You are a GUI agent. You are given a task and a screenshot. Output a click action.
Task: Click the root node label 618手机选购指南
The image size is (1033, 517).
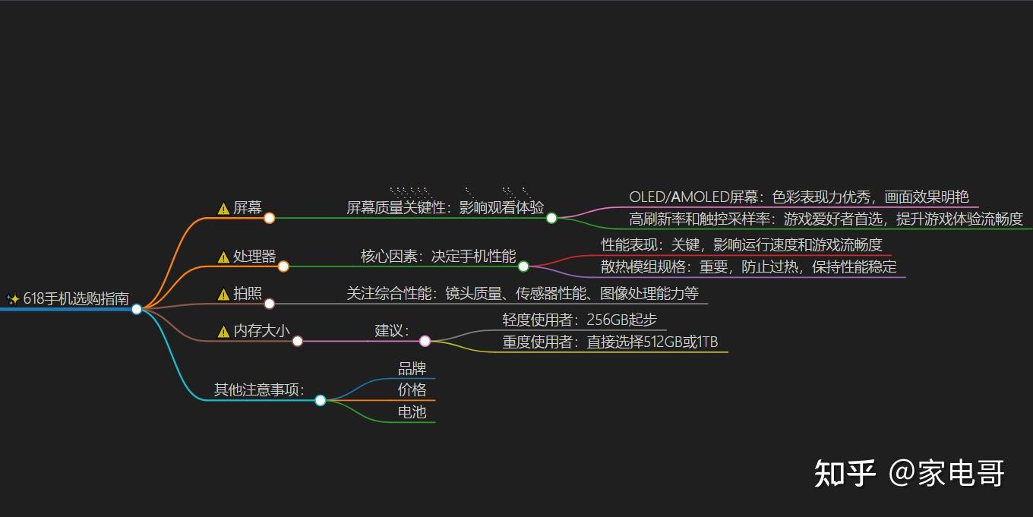tap(76, 299)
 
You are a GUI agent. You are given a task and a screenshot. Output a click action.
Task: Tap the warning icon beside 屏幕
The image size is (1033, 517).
tap(223, 209)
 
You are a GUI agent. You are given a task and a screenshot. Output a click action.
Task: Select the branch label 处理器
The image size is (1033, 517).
tap(254, 257)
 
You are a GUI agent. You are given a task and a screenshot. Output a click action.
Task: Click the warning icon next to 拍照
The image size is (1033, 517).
tap(223, 295)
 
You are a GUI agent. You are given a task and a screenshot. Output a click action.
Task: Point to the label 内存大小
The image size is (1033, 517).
tap(261, 331)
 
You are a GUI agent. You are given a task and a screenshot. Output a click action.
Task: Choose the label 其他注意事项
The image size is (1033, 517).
tap(258, 390)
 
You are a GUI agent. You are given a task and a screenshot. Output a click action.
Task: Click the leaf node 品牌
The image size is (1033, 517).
tap(412, 369)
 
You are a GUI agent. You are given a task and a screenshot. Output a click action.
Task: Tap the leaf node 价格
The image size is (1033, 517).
tap(412, 390)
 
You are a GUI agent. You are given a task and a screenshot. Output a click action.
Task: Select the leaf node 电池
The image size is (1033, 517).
tap(412, 412)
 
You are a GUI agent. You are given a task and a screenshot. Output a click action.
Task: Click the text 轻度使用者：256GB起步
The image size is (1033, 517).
tap(580, 320)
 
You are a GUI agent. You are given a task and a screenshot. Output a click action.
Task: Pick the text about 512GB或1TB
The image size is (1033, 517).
tap(610, 342)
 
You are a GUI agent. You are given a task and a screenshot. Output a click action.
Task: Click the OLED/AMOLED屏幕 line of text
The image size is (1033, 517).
tap(799, 197)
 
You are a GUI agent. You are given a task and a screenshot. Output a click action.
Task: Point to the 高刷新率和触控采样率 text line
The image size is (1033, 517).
tap(826, 219)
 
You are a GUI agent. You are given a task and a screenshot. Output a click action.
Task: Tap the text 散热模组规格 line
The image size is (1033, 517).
tap(749, 267)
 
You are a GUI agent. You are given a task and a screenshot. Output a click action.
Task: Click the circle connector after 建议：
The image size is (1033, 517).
tap(425, 341)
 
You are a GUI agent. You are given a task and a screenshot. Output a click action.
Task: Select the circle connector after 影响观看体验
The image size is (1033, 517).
tap(552, 218)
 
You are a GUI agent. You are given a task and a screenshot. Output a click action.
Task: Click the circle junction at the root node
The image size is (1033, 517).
tap(137, 309)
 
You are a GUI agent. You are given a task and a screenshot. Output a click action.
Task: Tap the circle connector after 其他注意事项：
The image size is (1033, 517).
tap(321, 400)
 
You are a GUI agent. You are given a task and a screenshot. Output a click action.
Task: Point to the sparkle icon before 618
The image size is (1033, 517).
tap(13, 299)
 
